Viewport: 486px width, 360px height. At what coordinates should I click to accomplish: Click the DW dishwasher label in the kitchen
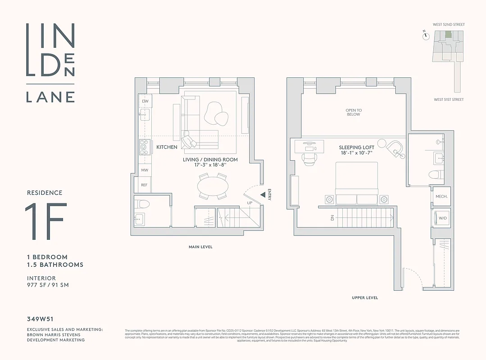click(x=145, y=101)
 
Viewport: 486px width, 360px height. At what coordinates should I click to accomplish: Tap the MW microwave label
click(x=145, y=170)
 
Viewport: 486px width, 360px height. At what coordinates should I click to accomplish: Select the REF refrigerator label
click(x=144, y=185)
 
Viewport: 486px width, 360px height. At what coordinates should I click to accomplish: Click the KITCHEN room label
click(x=167, y=147)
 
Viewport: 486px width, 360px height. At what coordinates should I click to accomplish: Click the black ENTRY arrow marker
click(x=263, y=194)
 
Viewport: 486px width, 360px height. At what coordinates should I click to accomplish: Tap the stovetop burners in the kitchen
click(x=145, y=147)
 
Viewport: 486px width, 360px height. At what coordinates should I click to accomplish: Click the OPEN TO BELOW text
click(x=353, y=112)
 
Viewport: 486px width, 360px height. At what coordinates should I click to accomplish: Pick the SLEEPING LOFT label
click(x=356, y=147)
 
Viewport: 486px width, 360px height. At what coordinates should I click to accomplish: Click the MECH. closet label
click(x=441, y=197)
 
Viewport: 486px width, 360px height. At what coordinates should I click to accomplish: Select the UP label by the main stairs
click(x=249, y=203)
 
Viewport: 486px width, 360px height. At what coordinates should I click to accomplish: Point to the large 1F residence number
click(x=46, y=221)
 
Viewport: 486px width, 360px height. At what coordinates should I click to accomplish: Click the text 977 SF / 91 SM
click(x=48, y=285)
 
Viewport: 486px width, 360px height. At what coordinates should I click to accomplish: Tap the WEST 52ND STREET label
click(x=449, y=24)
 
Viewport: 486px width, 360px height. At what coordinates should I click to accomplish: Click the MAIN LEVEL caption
click(x=200, y=247)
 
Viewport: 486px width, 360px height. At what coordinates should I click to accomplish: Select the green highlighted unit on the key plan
click(x=448, y=35)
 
